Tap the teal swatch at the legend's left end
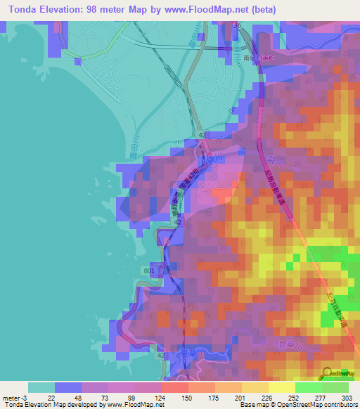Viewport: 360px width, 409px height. coord(41,387)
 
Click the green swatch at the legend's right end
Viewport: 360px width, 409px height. coord(335,387)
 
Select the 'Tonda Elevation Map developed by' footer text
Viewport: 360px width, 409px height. coord(49,405)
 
